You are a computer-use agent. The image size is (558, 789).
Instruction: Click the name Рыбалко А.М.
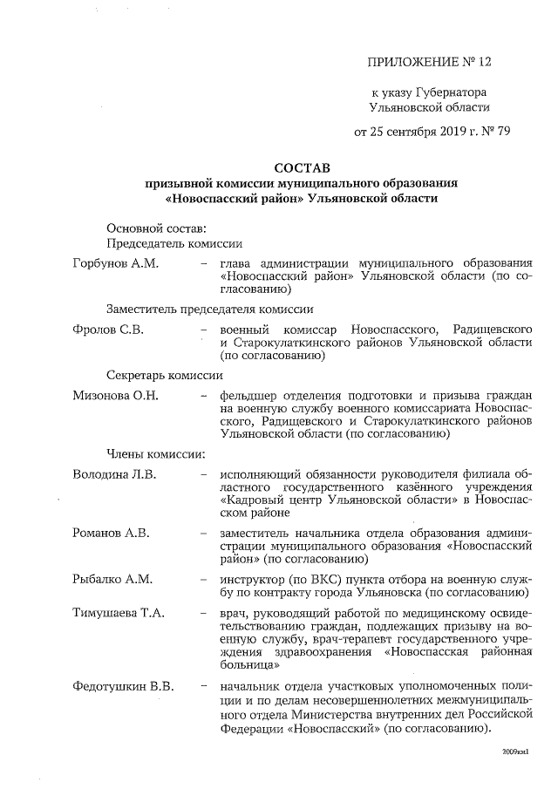point(112,579)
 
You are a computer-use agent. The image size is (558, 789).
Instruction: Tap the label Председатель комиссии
point(174,244)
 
